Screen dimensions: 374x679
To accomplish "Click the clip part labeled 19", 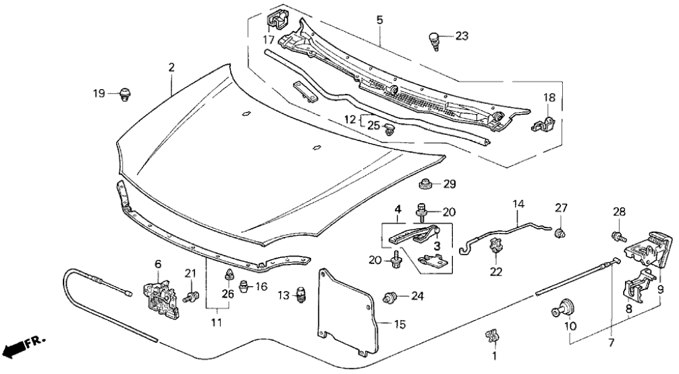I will [125, 95].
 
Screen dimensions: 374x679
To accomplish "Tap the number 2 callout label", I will [171, 68].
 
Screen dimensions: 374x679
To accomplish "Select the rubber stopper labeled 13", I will [300, 295].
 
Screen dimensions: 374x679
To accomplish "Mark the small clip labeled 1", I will [491, 334].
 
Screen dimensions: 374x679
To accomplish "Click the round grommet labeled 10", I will [562, 310].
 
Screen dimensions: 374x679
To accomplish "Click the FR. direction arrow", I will [19, 348].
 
